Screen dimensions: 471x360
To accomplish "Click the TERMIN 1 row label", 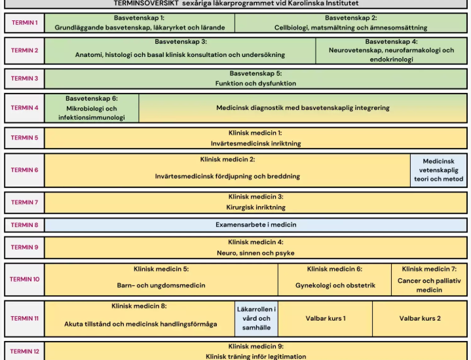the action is click(25, 23).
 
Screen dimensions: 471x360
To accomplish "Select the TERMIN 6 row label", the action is click(25, 170).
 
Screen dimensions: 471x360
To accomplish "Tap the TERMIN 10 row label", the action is click(25, 279).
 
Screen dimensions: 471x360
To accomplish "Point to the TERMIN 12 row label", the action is click(25, 351).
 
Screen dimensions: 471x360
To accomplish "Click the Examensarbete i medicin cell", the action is click(256, 225).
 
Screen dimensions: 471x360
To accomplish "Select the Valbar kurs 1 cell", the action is click(326, 319).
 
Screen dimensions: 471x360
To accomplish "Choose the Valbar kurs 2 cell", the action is click(420, 319).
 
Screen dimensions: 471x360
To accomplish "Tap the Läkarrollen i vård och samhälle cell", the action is click(256, 319).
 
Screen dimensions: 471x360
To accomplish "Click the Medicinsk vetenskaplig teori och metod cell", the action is click(438, 170).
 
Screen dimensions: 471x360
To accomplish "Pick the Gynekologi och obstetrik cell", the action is click(335, 279).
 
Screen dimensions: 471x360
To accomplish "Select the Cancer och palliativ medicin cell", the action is click(429, 279).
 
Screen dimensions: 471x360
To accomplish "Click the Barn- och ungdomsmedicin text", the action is click(161, 285).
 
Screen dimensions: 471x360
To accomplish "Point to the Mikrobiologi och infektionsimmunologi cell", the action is click(92, 108).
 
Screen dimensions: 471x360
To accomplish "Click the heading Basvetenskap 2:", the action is click(351, 18).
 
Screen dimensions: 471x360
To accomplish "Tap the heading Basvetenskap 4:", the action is click(391, 42).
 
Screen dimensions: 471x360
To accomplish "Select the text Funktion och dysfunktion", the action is click(255, 84).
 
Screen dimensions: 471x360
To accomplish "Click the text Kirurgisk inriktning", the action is click(256, 207).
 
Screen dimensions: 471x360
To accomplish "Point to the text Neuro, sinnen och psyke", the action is click(255, 253).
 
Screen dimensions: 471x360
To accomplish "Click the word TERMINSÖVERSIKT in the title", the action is click(146, 3).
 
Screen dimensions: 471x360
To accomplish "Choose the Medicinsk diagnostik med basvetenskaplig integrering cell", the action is click(303, 108).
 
